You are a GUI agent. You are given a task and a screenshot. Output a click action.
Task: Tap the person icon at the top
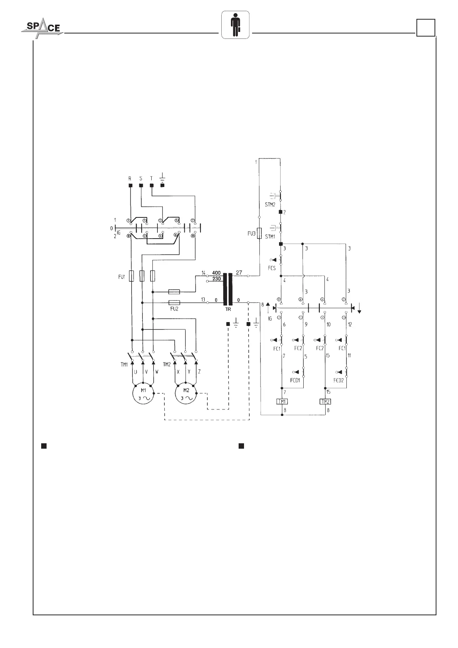235,25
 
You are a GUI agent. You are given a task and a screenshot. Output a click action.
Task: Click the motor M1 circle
143,394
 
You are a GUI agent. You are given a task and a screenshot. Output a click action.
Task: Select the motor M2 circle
186,394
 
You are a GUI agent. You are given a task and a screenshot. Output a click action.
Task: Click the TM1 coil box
282,402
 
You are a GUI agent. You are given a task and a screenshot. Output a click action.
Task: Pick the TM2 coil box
326,402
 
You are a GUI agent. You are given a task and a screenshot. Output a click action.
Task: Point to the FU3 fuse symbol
259,233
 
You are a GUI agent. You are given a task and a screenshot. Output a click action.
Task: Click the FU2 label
174,308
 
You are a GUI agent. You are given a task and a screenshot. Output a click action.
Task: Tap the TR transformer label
228,309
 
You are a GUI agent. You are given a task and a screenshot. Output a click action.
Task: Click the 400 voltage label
216,273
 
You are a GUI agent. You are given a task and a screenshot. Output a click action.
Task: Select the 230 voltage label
216,279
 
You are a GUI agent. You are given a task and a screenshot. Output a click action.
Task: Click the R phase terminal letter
130,179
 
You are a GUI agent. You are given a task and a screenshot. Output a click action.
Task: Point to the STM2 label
270,205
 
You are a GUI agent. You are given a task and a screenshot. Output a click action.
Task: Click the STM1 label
270,237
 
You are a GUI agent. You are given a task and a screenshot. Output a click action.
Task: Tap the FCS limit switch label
272,268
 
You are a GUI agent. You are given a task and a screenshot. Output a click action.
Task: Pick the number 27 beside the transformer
239,272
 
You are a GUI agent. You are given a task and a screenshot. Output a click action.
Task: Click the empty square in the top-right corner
426,28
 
